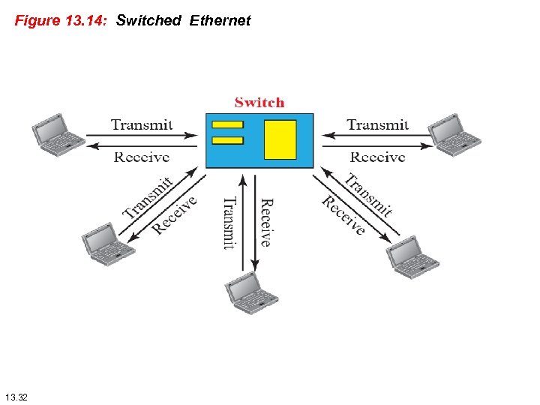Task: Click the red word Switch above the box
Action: pyautogui.click(x=259, y=103)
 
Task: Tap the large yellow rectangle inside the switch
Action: pyautogui.click(x=280, y=140)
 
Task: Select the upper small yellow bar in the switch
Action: pyautogui.click(x=228, y=124)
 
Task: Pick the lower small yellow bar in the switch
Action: pyautogui.click(x=228, y=140)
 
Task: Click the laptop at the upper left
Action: pyautogui.click(x=58, y=135)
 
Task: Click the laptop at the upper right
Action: pyautogui.click(x=454, y=135)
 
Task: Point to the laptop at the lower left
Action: pyautogui.click(x=109, y=244)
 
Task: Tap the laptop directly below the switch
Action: pyautogui.click(x=252, y=293)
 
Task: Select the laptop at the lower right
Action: pyautogui.click(x=412, y=256)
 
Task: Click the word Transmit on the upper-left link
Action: pyautogui.click(x=142, y=124)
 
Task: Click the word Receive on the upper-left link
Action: pyautogui.click(x=142, y=157)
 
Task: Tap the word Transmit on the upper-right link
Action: pyautogui.click(x=378, y=124)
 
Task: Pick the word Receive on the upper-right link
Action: pyautogui.click(x=378, y=157)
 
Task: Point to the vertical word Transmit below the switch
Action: pyautogui.click(x=229, y=223)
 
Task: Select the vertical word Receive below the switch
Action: pyautogui.click(x=265, y=223)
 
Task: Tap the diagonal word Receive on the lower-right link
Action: pyautogui.click(x=343, y=216)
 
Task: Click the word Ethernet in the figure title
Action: pyautogui.click(x=220, y=21)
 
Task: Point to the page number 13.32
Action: pyautogui.click(x=16, y=395)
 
